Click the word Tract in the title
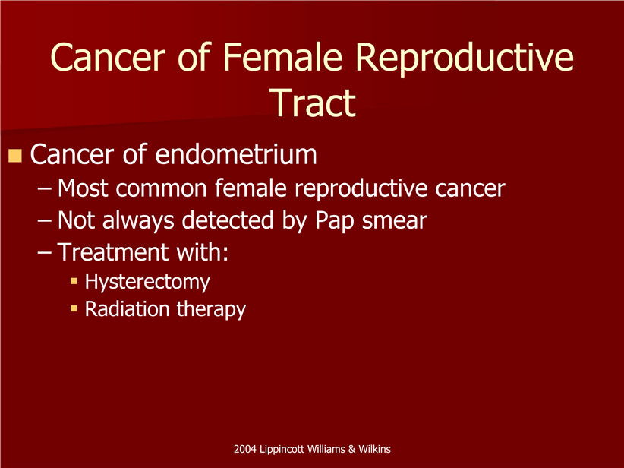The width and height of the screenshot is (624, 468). coord(314,103)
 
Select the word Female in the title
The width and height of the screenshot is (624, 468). coord(282,57)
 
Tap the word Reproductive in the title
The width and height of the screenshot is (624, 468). coord(465,60)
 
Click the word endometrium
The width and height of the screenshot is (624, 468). coord(236,154)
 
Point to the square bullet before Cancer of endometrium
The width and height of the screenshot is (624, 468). coord(14,156)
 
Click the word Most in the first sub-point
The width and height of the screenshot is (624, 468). coord(83,188)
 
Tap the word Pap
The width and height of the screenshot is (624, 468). coord(334,221)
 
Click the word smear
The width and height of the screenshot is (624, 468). coord(395,221)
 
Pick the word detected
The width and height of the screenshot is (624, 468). coord(228,220)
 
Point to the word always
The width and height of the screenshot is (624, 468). coord(138,221)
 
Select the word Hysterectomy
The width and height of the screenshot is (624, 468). coord(147,282)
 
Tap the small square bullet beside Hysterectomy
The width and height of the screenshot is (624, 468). coord(74,281)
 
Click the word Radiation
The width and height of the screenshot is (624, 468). coord(128,308)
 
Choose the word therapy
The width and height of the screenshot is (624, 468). coord(211,309)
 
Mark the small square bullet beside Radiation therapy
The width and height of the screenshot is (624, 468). coord(74,308)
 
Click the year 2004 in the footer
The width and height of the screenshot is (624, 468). coord(245,449)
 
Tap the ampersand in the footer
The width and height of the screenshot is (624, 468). coord(351,449)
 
